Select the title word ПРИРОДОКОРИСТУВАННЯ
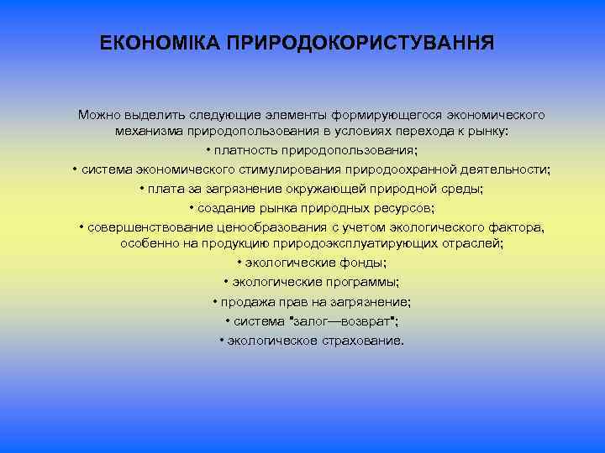[x=360, y=42]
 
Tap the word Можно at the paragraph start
[x=100, y=113]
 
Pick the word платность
[x=249, y=151]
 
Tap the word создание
[x=224, y=207]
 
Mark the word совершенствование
[x=144, y=227]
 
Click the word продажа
[x=245, y=301]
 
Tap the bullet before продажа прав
[x=215, y=301]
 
